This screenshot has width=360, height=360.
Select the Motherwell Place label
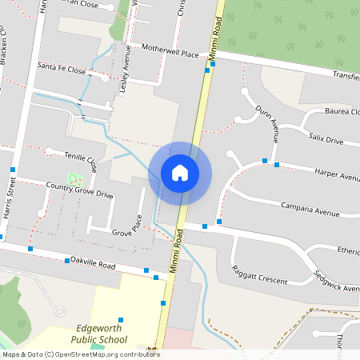click(x=169, y=51)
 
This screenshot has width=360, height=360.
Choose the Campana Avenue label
click(x=311, y=212)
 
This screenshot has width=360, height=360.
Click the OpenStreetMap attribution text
click(x=81, y=354)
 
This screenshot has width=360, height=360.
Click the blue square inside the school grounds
click(x=121, y=319)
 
